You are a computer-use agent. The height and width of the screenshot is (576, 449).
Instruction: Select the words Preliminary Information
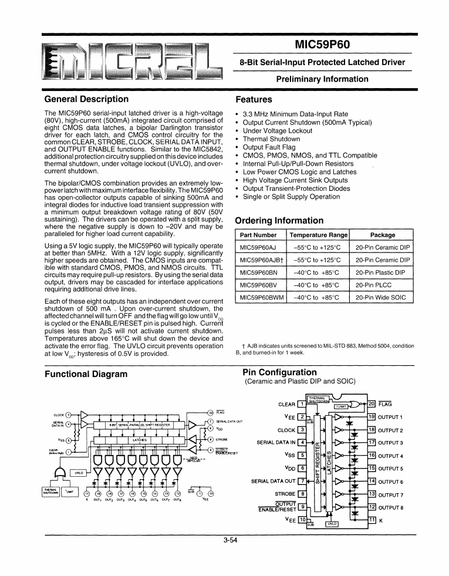pyautogui.click(x=322, y=79)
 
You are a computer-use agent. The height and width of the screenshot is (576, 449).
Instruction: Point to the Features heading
pyautogui.click(x=254, y=100)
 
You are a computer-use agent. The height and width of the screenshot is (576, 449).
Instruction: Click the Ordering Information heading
pyautogui.click(x=279, y=221)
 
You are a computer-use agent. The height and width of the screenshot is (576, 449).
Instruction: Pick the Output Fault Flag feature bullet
pyautogui.click(x=269, y=147)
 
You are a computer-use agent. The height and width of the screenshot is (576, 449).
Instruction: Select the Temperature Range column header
pyautogui.click(x=319, y=235)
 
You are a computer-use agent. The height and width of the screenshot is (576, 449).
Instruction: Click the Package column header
pyautogui.click(x=382, y=235)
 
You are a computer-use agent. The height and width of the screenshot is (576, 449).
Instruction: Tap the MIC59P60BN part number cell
pyautogui.click(x=258, y=272)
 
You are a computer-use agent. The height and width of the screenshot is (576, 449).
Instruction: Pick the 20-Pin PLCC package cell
pyautogui.click(x=374, y=285)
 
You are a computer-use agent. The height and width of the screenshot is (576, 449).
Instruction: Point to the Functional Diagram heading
pyautogui.click(x=86, y=374)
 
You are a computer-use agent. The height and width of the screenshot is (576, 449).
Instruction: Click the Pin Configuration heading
pyautogui.click(x=279, y=372)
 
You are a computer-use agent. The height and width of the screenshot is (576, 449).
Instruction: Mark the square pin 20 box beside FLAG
pyautogui.click(x=371, y=403)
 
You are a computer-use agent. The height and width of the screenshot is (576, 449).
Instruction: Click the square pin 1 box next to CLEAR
pyautogui.click(x=301, y=403)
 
